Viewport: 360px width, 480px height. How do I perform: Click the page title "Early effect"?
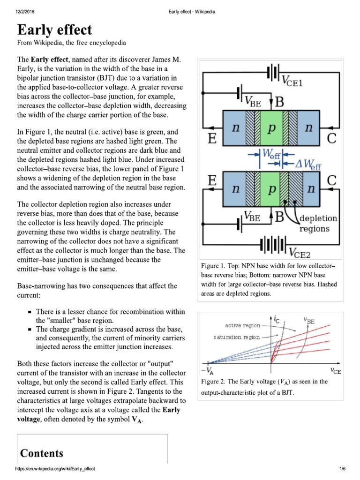[54, 30]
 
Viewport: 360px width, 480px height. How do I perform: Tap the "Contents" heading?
[41, 453]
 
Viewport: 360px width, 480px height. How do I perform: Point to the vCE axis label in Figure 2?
[335, 371]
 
